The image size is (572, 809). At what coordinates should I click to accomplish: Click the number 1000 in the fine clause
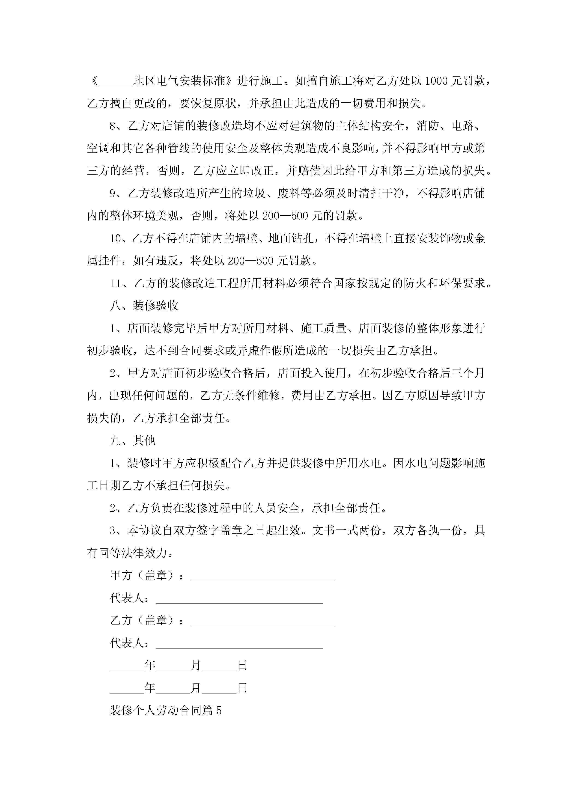coord(436,81)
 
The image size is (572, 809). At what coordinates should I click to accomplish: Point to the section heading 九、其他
coord(133,440)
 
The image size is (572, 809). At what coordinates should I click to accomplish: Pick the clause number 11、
coord(121,283)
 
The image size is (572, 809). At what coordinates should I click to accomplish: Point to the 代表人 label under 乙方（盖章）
coord(127,643)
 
